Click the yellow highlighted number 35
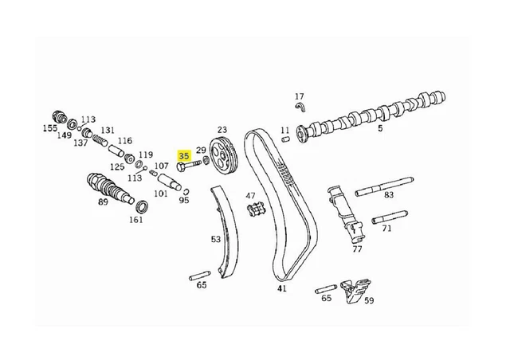coord(184,156)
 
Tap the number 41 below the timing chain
coord(281,288)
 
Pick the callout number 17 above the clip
coord(300,96)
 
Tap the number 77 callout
coord(356,248)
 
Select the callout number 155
coord(49,127)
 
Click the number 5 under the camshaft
coord(379,128)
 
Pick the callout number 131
coord(107,130)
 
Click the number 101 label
coord(161,194)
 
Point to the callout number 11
coord(285,129)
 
